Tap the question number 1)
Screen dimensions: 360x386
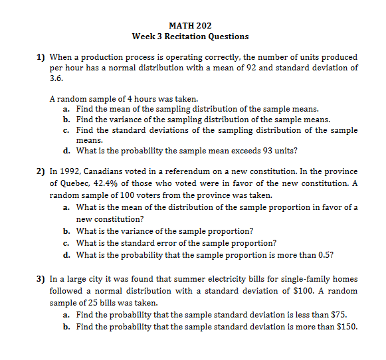[x=41, y=57]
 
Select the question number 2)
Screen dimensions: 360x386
[x=41, y=171]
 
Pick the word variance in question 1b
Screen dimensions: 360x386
[x=112, y=120]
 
